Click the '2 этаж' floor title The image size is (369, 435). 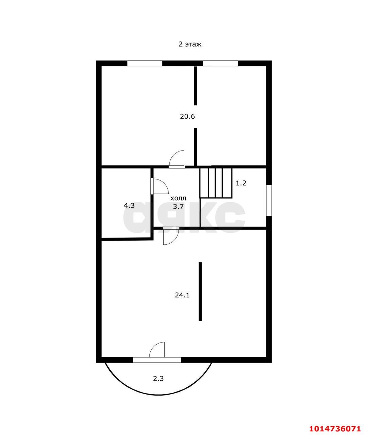pos(190,45)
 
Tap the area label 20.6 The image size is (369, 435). pos(187,116)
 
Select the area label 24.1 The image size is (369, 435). pos(182,295)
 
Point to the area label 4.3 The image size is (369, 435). pos(129,205)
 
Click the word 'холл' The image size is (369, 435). pos(178,198)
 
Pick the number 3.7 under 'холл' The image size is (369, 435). pos(178,207)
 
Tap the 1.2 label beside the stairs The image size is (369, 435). pos(241,183)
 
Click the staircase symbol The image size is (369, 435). pos(216,183)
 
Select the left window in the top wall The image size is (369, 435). pos(145,63)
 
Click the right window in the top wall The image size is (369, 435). pos(220,63)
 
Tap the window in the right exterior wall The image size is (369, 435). pos(269,201)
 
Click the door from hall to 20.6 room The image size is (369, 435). pos(177,159)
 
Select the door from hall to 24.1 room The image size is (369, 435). pos(171,236)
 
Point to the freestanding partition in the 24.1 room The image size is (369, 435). pos(200,292)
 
